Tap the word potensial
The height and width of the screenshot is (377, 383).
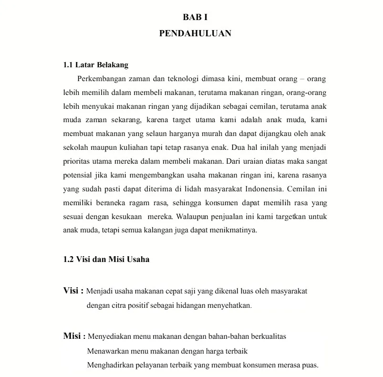(x=78, y=174)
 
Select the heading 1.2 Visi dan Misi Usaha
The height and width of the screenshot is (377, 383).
(x=106, y=260)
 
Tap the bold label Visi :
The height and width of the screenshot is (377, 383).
(x=73, y=291)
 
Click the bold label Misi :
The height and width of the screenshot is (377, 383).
(x=74, y=336)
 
